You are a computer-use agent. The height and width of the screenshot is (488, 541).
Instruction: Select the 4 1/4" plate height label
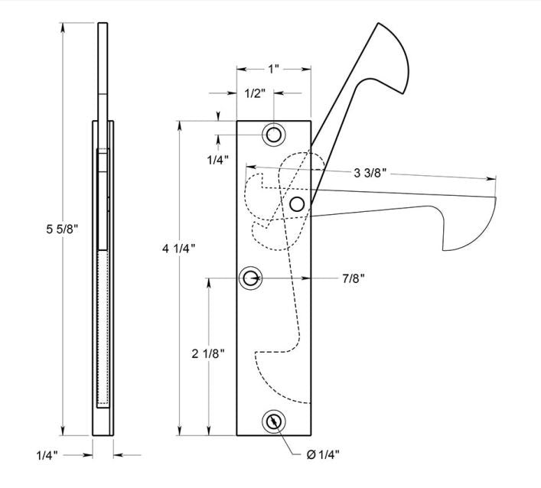pyautogui.click(x=178, y=248)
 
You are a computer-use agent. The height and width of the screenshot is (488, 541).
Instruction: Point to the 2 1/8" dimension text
pyautogui.click(x=208, y=353)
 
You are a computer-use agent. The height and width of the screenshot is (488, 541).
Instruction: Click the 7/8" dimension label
pyautogui.click(x=353, y=277)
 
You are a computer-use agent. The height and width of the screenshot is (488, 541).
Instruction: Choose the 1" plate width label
pyautogui.click(x=273, y=68)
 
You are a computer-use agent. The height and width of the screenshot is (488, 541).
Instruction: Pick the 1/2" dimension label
pyautogui.click(x=255, y=93)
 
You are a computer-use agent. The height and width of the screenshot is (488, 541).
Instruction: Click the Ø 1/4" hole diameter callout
pyautogui.click(x=324, y=456)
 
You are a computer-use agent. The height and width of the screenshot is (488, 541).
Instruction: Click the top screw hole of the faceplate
pyautogui.click(x=273, y=135)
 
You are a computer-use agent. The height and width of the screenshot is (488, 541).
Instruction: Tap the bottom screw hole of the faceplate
pyautogui.click(x=273, y=421)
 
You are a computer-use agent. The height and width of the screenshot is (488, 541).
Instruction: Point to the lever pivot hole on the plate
pyautogui.click(x=298, y=203)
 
